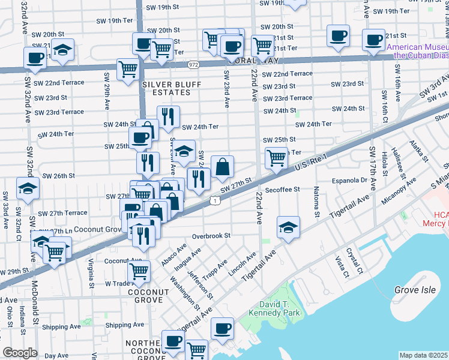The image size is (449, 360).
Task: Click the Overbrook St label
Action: (211, 236)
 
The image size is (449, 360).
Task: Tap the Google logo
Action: (20, 353)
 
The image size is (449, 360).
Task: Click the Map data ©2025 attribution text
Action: (423, 355)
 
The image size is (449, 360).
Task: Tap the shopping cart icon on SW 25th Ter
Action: (276, 158)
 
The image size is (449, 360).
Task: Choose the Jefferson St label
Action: (200, 285)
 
